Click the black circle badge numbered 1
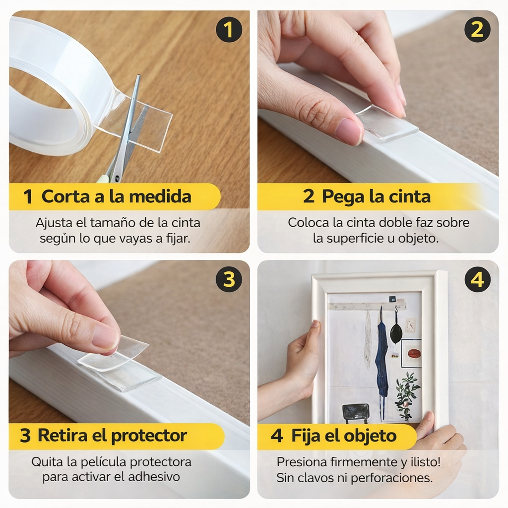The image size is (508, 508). [229, 29]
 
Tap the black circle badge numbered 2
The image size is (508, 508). [477, 29]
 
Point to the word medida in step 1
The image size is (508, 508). [160, 196]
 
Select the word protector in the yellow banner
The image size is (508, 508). [149, 437]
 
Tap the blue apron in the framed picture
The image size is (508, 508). [381, 357]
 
